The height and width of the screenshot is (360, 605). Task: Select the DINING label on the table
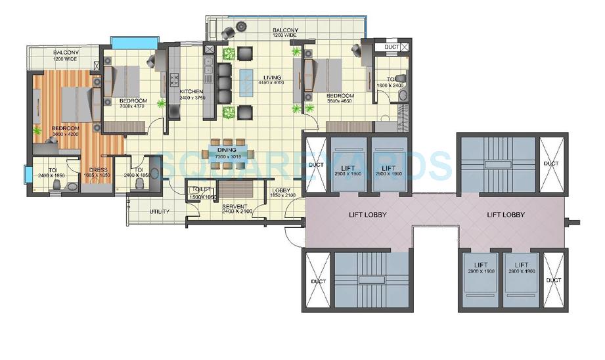click(x=227, y=150)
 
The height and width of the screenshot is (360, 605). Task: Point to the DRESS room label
click(x=98, y=170)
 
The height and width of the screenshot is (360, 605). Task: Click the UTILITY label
click(x=160, y=212)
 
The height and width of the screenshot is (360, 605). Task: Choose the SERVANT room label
click(x=234, y=206)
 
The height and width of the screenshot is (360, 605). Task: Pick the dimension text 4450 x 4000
click(x=270, y=83)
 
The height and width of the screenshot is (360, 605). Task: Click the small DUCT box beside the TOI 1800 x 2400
click(x=392, y=47)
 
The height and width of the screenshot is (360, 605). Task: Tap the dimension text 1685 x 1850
click(x=98, y=176)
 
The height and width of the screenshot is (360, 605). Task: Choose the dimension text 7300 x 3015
click(x=227, y=156)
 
